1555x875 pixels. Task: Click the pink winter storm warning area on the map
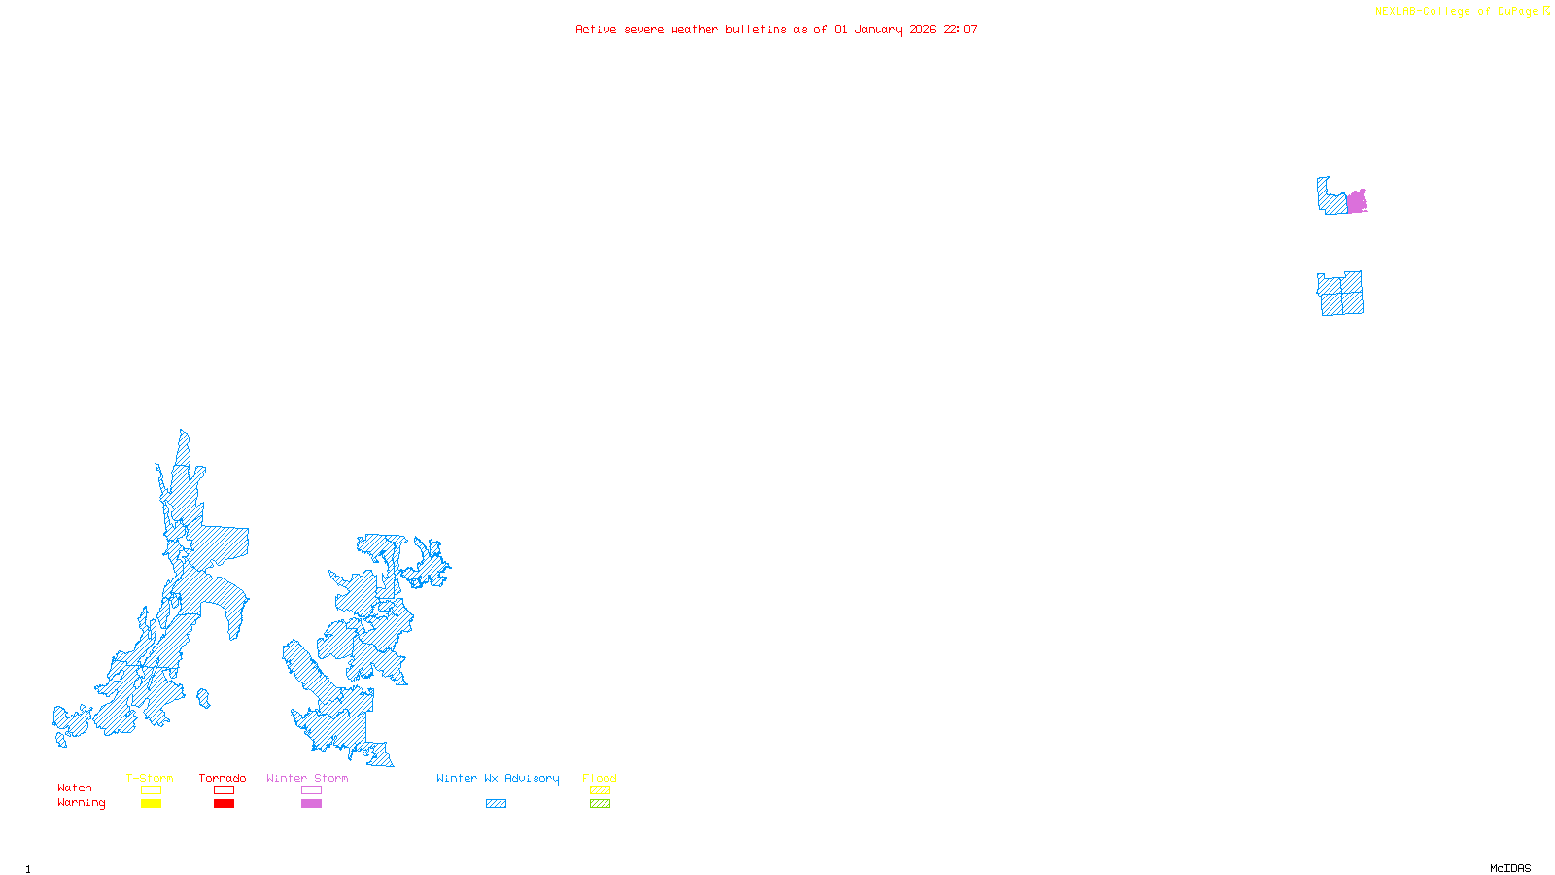[1357, 202]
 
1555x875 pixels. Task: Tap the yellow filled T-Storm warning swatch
[151, 804]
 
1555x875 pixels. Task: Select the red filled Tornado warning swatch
[225, 804]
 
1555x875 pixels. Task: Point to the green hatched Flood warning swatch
[601, 804]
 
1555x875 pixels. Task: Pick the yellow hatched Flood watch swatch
[601, 790]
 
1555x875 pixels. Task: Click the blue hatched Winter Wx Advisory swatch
[496, 804]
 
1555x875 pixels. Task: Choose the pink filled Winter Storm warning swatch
[311, 804]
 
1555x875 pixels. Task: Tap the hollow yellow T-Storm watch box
[151, 790]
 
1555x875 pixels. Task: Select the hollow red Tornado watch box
[225, 790]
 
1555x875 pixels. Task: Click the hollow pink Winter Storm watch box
[311, 790]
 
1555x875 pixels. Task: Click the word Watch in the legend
[75, 787]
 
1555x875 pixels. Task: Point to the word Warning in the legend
[82, 803]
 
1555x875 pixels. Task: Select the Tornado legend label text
[223, 778]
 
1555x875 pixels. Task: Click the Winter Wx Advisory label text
[498, 778]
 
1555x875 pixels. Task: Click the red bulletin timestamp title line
[777, 29]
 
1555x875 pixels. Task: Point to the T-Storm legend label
[150, 778]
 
